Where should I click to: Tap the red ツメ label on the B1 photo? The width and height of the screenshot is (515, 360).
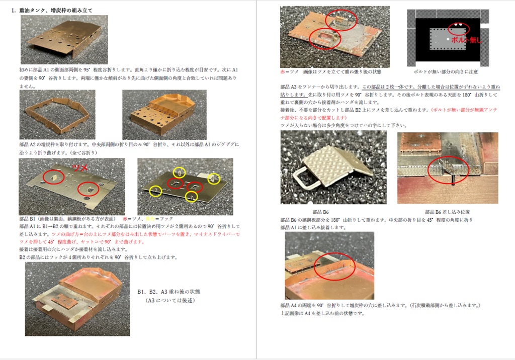[80, 166]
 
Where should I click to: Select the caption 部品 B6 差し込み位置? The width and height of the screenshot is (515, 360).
[447, 212]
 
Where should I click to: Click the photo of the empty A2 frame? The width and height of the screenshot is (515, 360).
[57, 115]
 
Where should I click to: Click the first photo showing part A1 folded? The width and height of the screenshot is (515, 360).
[64, 39]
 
